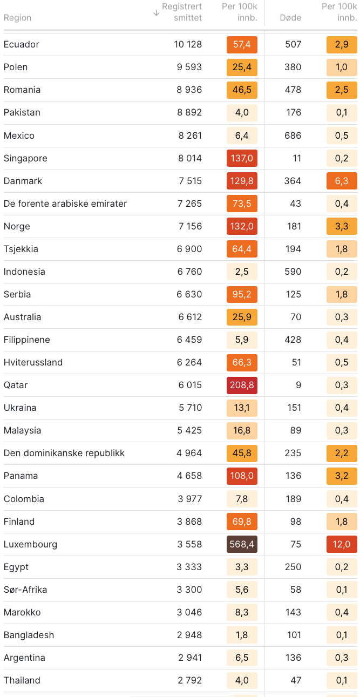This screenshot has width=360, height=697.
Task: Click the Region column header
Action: point(17,18)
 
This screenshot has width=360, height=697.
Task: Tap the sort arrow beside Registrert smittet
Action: point(157,12)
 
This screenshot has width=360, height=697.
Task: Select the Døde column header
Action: point(290,18)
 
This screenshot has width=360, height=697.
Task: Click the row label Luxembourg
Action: point(30,544)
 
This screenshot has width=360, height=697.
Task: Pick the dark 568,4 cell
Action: point(242,544)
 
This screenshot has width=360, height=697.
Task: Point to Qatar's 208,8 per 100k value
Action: point(242,385)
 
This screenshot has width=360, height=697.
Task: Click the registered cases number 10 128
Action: point(188,44)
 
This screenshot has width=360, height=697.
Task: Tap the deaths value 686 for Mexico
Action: point(293,136)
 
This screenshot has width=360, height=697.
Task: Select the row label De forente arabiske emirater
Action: point(65,204)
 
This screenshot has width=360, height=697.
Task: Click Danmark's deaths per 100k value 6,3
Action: point(342,181)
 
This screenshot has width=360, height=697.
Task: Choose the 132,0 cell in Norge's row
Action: point(242,226)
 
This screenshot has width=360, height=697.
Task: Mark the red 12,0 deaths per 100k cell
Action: point(342,544)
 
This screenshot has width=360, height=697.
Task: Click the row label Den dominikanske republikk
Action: point(64,453)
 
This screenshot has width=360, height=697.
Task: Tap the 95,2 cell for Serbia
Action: point(242,294)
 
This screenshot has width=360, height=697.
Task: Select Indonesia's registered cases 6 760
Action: point(190,272)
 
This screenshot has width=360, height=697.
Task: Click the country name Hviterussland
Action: point(33,362)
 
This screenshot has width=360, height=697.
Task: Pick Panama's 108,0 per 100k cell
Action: point(242,476)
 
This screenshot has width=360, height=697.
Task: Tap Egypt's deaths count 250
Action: point(293,567)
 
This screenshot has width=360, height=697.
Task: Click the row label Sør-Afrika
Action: point(25,590)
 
